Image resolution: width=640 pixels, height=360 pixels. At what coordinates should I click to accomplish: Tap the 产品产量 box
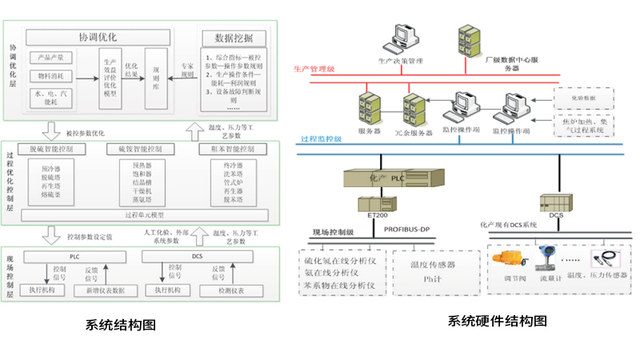[52, 57]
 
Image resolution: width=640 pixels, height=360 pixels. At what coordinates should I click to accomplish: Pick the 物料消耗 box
[52, 78]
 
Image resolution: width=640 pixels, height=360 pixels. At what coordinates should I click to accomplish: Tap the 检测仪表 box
[231, 290]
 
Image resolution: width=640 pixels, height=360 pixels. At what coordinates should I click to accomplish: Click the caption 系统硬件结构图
[497, 322]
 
